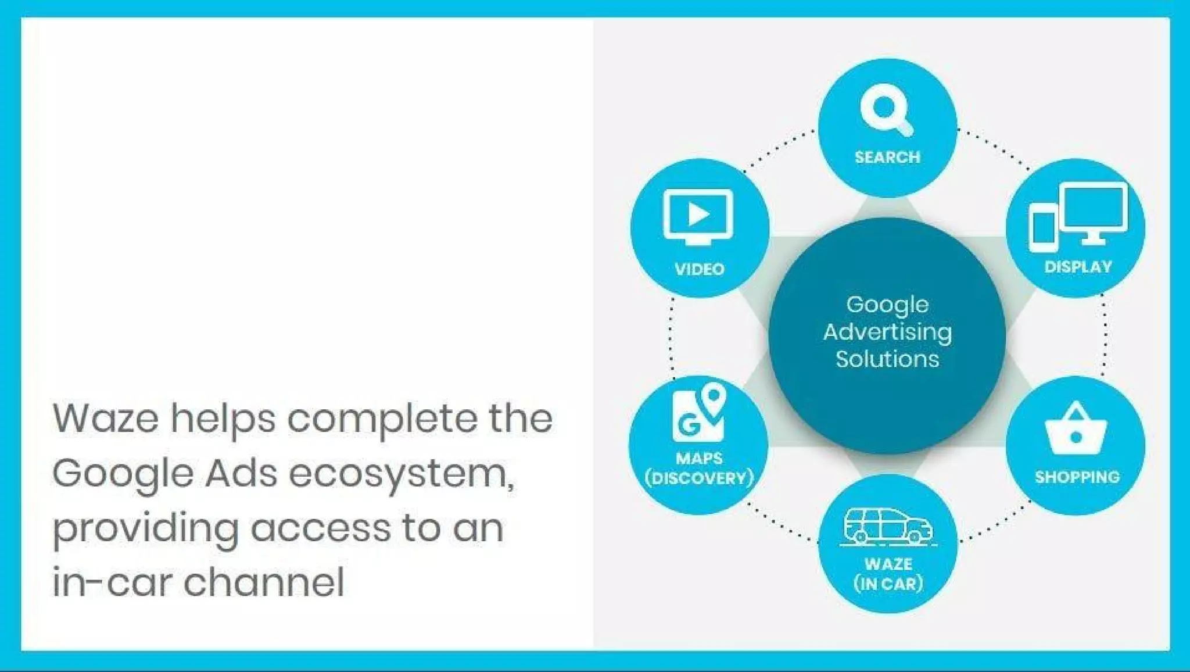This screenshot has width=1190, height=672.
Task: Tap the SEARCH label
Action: click(x=887, y=157)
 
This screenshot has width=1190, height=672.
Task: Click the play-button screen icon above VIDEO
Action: click(x=698, y=216)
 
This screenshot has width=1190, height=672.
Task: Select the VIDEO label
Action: click(x=700, y=269)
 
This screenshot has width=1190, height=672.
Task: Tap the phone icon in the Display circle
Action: click(x=1042, y=230)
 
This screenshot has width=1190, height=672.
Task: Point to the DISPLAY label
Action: click(x=1078, y=267)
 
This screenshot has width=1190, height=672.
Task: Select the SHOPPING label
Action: click(x=1077, y=477)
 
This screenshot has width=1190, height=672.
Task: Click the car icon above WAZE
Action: click(x=887, y=527)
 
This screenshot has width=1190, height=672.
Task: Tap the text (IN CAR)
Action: click(x=888, y=584)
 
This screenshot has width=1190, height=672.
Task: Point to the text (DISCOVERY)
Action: click(x=699, y=478)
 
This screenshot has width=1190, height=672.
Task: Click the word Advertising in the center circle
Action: click(x=887, y=332)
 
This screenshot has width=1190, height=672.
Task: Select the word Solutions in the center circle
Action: click(x=887, y=359)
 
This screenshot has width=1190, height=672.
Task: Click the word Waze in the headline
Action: click(x=105, y=418)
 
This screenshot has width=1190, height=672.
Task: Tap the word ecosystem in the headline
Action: click(x=401, y=474)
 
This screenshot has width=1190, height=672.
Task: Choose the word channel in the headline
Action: click(x=264, y=582)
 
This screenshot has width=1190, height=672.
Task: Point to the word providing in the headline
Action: click(x=145, y=529)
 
